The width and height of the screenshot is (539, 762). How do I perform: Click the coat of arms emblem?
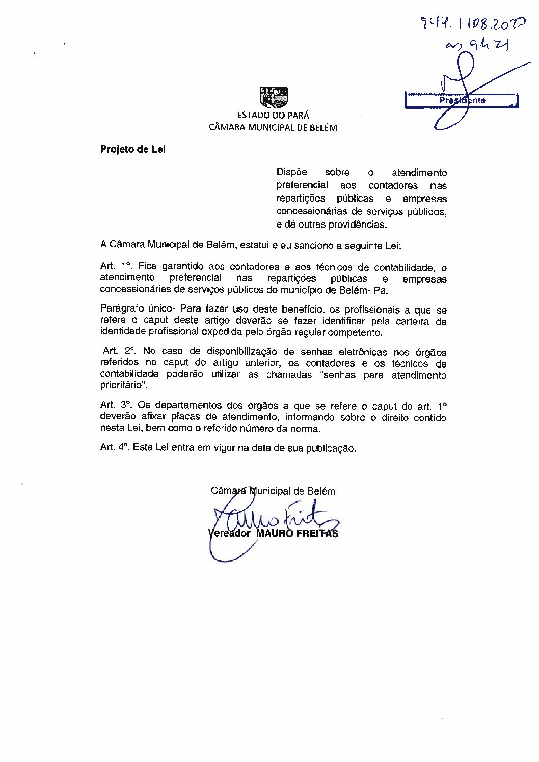pos(274,98)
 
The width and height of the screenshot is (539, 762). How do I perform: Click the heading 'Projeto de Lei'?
pos(133,150)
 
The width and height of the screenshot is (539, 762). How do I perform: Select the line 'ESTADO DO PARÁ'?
pos(273,116)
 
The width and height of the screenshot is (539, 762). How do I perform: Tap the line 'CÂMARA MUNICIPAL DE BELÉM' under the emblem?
pos(273,128)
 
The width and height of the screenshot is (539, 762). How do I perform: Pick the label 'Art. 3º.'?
pos(117,406)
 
